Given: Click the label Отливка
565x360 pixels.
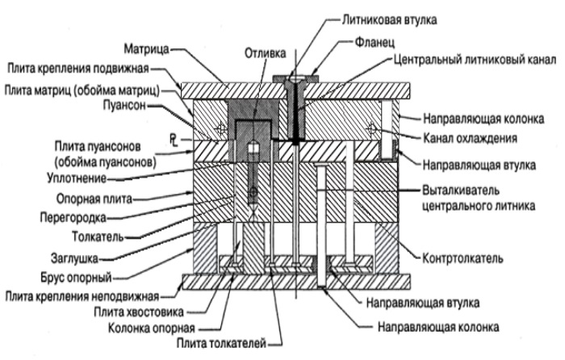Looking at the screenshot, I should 264,52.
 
